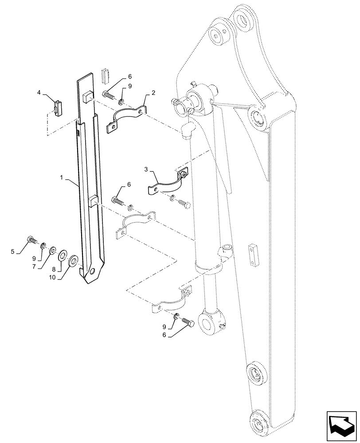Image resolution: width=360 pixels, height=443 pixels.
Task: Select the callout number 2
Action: pyautogui.click(x=153, y=93)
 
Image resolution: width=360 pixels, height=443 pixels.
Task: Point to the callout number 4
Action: pyautogui.click(x=39, y=93)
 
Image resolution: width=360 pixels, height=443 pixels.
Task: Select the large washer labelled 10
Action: pyautogui.click(x=73, y=258)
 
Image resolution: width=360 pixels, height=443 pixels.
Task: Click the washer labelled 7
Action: pyautogui.click(x=53, y=250)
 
